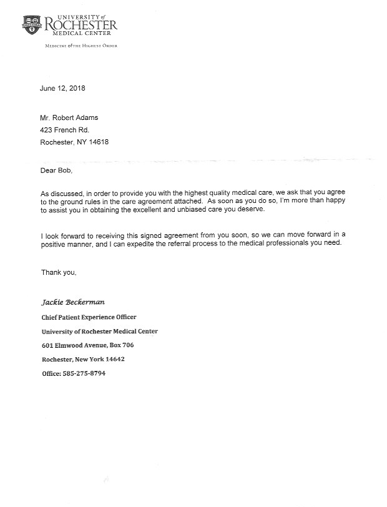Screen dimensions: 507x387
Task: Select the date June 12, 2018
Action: click(x=63, y=88)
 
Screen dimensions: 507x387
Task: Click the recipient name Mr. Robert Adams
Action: click(x=69, y=118)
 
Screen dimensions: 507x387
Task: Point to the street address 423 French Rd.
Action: click(x=64, y=130)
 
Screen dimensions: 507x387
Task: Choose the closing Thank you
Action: click(x=58, y=288)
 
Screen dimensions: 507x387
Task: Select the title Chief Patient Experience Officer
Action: click(x=89, y=317)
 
